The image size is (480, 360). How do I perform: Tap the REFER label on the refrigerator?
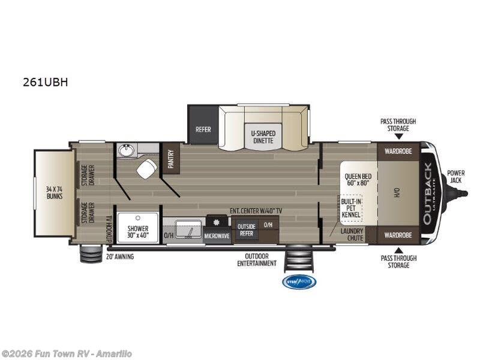tap(203, 129)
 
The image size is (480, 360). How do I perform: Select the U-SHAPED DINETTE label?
tap(263, 137)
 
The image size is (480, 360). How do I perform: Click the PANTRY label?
tap(171, 161)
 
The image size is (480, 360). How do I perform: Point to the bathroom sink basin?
tap(126, 150)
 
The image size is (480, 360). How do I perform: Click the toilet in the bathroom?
tap(146, 169)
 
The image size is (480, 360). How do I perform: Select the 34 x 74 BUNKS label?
tap(55, 192)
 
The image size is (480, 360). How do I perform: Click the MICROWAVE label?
tap(217, 236)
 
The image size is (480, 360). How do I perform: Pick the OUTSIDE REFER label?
tap(246, 230)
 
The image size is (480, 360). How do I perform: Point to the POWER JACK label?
tap(455, 177)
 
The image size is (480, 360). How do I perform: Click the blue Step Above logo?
tap(299, 281)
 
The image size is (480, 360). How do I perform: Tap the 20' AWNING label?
tap(120, 257)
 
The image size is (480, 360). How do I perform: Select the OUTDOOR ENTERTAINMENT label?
tap(257, 260)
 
